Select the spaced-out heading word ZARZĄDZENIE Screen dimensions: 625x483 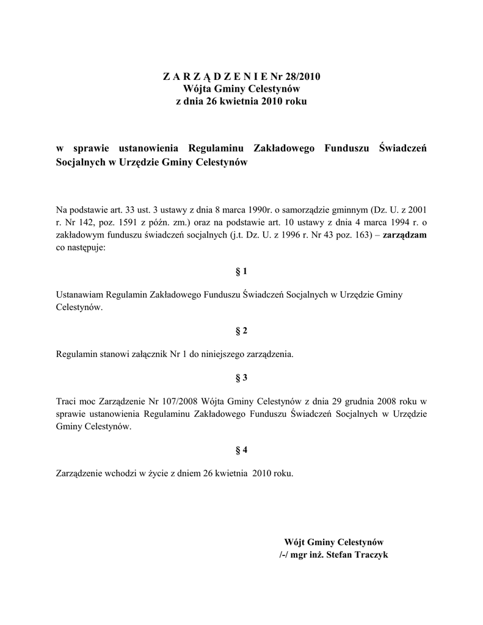(208, 77)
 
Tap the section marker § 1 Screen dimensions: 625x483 (241, 270)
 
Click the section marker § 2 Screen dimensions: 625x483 (241, 331)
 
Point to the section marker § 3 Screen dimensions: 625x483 (241, 378)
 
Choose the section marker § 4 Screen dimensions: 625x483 (241, 450)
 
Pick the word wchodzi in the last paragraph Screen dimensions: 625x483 (123, 473)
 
